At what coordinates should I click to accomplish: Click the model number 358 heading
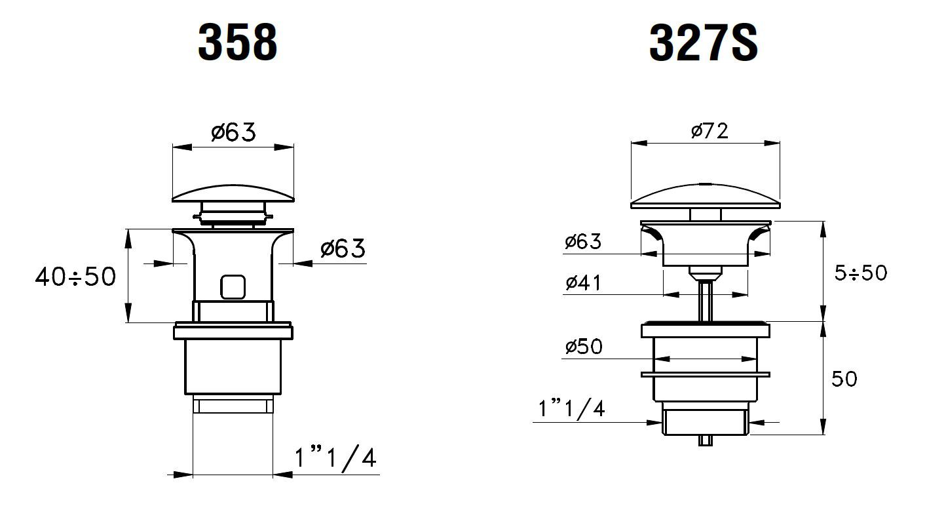[x=238, y=42]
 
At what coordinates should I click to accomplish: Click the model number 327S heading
[x=704, y=42]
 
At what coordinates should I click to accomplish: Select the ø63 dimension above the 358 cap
[x=234, y=132]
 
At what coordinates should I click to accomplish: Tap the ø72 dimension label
[x=709, y=131]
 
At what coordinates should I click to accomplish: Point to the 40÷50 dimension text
[x=75, y=277]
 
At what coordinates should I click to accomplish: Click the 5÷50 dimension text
[x=861, y=273]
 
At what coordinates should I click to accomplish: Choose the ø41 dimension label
[x=584, y=282]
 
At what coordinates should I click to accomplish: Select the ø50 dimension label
[x=584, y=347]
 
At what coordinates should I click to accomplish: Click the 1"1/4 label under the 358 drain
[x=335, y=458]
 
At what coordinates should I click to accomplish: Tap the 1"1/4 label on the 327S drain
[x=571, y=408]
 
